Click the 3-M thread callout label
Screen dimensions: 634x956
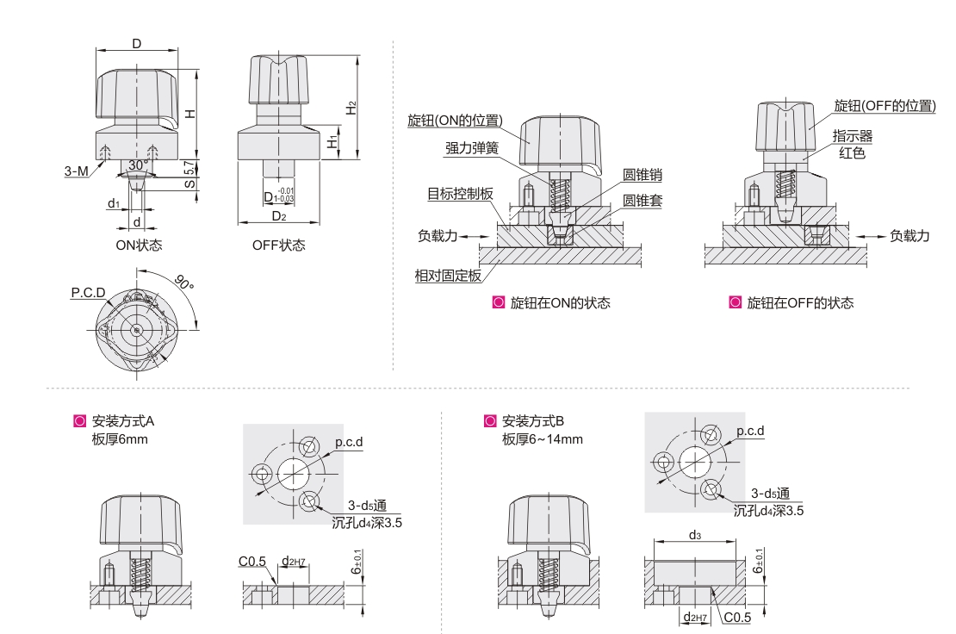(76, 171)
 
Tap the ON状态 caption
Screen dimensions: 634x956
(139, 245)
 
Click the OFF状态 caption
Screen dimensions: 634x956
(278, 245)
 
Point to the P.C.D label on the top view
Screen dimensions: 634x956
(89, 293)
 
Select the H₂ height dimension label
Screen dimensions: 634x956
(351, 108)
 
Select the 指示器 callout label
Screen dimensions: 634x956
(852, 136)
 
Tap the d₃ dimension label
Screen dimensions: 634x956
(693, 535)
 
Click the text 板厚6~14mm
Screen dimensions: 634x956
(543, 439)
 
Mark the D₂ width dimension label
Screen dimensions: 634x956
(277, 215)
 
